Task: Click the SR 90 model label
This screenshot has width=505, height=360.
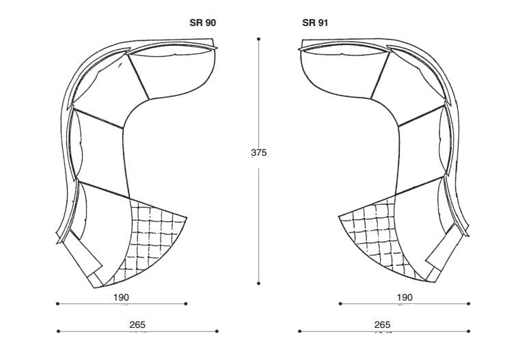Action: click(202, 23)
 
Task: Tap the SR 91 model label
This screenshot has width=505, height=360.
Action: click(315, 23)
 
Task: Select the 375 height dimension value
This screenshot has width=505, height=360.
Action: click(259, 152)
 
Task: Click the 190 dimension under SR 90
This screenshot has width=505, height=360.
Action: click(121, 297)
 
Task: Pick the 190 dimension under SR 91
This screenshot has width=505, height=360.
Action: click(405, 297)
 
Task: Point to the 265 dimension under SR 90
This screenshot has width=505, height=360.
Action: click(137, 324)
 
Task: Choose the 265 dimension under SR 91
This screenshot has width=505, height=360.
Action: click(382, 324)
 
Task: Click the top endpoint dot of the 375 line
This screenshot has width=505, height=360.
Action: click(258, 39)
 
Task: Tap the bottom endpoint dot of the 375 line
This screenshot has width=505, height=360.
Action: click(258, 283)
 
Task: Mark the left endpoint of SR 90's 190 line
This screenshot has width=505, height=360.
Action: click(57, 304)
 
